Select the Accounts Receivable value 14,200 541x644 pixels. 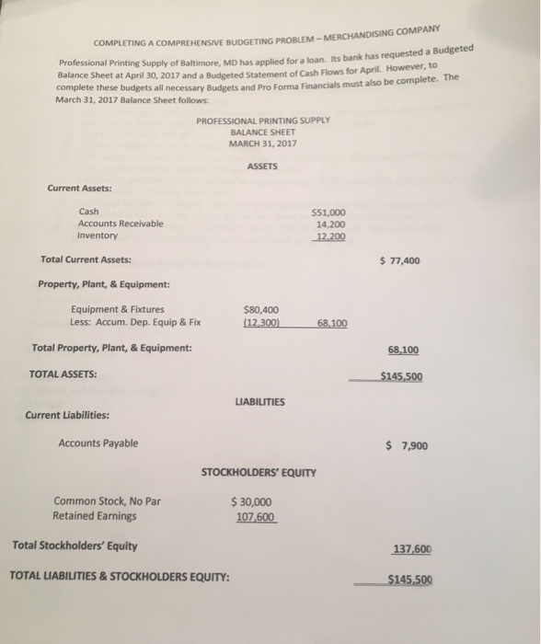[x=330, y=224]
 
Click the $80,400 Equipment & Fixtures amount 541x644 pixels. [x=261, y=310]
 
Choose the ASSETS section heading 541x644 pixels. [x=262, y=166]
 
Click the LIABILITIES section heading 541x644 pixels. [x=260, y=402]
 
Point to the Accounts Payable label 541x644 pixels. [x=98, y=443]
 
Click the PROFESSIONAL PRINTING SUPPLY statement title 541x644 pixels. [x=263, y=121]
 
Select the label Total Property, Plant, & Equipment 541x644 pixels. [x=112, y=348]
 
